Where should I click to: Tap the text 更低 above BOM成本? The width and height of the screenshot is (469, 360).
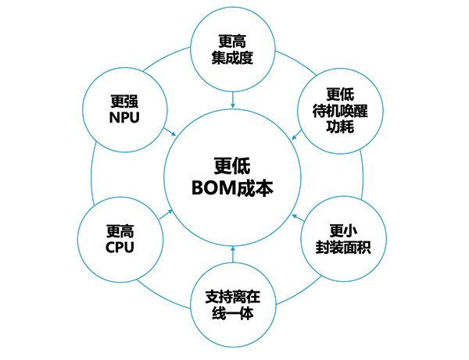pyautogui.click(x=232, y=166)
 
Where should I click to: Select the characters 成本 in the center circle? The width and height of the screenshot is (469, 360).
pyautogui.click(x=254, y=188)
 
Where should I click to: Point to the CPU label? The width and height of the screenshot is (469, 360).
pyautogui.click(x=120, y=247)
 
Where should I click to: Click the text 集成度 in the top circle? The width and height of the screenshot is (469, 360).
pyautogui.click(x=233, y=57)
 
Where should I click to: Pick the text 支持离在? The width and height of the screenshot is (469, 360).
pyautogui.click(x=232, y=297)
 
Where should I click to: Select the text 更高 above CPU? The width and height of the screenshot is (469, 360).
pyautogui.click(x=120, y=230)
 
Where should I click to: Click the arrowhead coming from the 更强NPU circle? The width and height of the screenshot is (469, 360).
pyautogui.click(x=173, y=134)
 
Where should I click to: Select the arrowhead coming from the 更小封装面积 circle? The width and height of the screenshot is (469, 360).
pyautogui.click(x=293, y=213)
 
